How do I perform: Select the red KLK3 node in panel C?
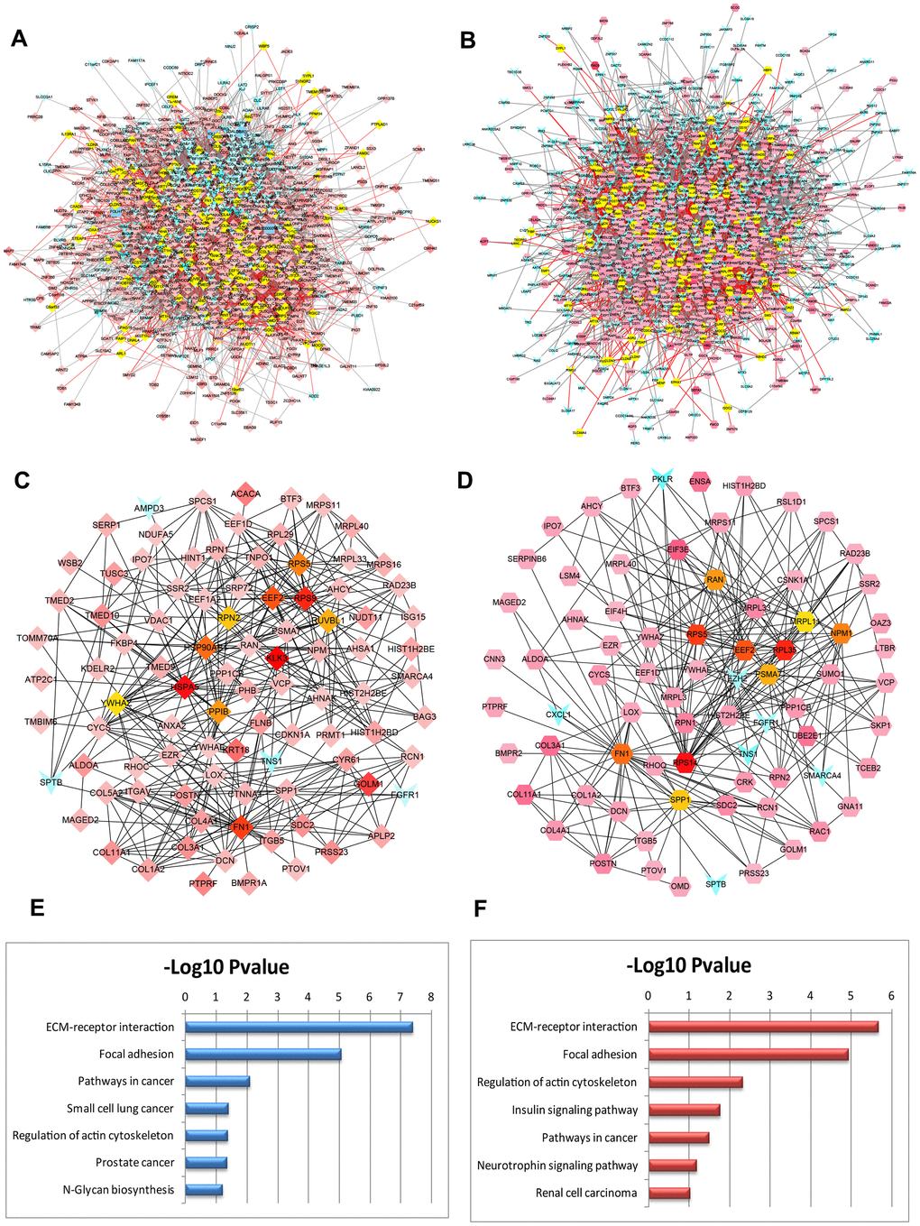pyautogui.click(x=276, y=660)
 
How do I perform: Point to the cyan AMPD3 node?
pyautogui.click(x=150, y=507)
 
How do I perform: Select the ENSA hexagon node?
pyautogui.click(x=700, y=481)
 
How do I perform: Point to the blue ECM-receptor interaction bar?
pyautogui.click(x=299, y=1027)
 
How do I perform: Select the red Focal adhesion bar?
pyautogui.click(x=748, y=1054)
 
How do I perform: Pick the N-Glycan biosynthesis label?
pyautogui.click(x=118, y=1189)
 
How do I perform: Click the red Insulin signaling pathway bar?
pyautogui.click(x=684, y=1110)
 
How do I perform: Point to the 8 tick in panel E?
pyautogui.click(x=431, y=997)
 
